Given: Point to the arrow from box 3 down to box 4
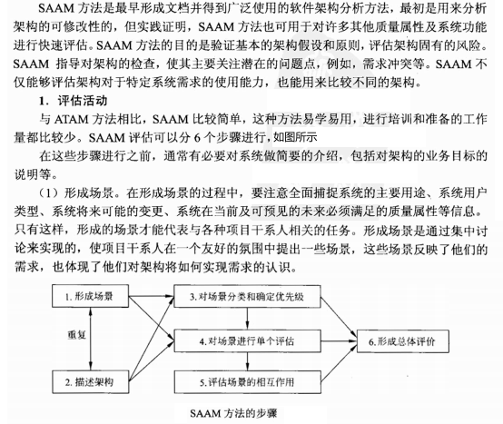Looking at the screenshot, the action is (243, 317).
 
